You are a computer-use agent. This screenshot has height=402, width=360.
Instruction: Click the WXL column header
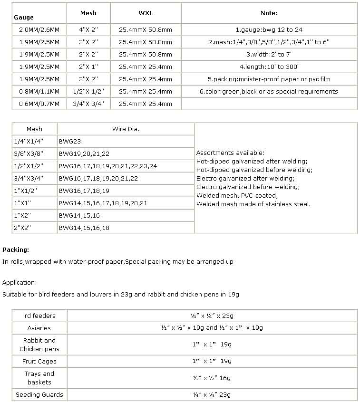[145, 13]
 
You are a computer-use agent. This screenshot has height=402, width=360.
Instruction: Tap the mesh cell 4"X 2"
[88, 29]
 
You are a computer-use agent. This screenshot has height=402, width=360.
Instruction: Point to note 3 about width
[269, 54]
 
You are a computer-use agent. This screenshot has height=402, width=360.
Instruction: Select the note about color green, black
[269, 91]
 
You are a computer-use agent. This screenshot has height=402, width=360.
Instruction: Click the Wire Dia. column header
[126, 129]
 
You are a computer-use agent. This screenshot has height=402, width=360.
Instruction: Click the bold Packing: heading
[16, 249]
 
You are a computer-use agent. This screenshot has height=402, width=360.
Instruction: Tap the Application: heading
[19, 282]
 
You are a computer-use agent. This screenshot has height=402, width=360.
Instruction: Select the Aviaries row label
[39, 328]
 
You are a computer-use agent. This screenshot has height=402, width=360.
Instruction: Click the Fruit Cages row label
[39, 362]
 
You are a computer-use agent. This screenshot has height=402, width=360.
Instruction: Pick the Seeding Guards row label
[39, 395]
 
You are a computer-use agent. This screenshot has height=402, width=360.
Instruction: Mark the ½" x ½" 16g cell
[212, 378]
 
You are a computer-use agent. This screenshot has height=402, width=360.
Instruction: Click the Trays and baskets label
[39, 378]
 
